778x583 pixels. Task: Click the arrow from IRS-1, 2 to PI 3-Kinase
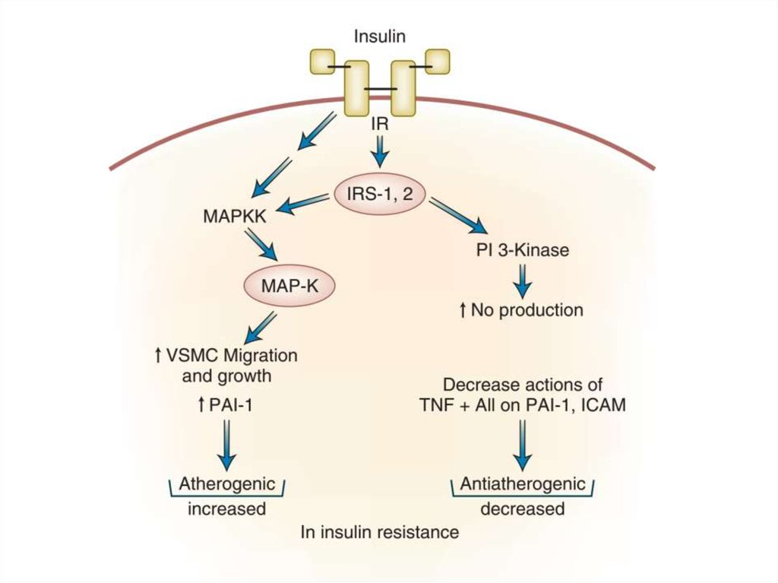[458, 217]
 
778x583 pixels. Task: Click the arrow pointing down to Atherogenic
[226, 448]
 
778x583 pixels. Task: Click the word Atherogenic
[226, 484]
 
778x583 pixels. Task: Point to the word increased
[226, 509]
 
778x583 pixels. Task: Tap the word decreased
[523, 509]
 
